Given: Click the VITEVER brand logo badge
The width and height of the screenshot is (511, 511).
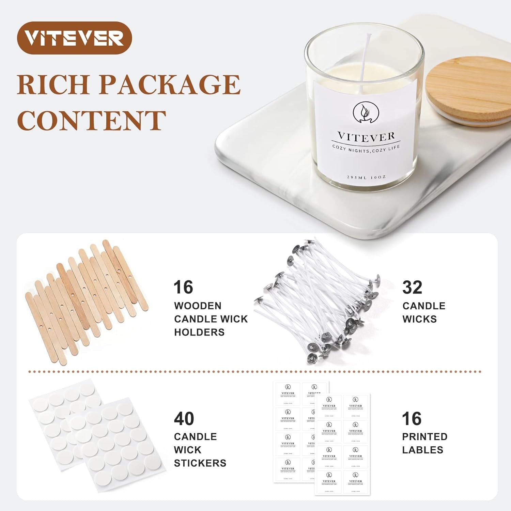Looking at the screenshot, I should click(74, 38).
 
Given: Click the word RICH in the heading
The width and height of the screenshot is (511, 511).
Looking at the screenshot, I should click(53, 84).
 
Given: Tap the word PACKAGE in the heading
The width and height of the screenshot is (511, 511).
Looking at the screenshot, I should click(170, 84).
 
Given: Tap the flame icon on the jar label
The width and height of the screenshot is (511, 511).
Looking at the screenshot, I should click(366, 112).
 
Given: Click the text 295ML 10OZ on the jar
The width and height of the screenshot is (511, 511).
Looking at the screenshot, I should click(366, 177).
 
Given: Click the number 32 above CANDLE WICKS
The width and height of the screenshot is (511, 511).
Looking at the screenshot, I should click(412, 288).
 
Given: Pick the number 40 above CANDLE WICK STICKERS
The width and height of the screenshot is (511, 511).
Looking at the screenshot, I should click(184, 419).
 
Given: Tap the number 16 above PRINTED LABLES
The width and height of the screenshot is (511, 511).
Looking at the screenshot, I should click(412, 419).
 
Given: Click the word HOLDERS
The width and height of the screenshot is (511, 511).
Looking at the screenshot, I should click(199, 332).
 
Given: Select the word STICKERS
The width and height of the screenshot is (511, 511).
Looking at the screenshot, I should click(200, 463).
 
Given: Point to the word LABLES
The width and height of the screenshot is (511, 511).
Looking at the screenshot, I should click(422, 450).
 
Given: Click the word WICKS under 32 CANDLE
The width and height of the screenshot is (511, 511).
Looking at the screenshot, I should click(419, 319).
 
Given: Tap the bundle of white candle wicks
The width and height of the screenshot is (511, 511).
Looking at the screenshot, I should click(320, 300).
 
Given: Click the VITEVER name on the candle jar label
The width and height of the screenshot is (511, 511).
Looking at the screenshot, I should click(366, 137).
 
